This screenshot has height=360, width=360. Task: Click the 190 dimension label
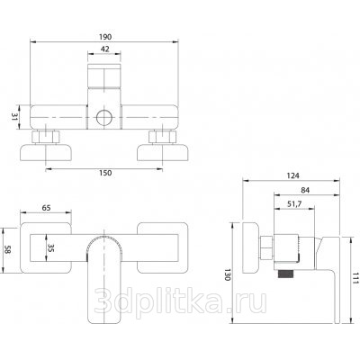105,37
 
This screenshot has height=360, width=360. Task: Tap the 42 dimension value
104,49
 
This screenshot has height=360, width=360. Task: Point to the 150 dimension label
105,173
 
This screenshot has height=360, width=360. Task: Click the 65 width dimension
46,208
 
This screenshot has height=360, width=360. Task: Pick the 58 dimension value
7,249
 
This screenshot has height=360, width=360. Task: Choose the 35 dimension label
50,247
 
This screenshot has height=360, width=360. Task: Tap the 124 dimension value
292,175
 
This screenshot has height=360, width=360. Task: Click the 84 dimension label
304,190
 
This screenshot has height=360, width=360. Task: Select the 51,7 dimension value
294,203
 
